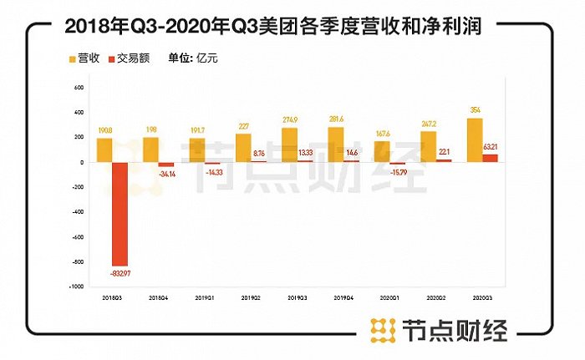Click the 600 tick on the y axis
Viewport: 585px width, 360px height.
pyautogui.click(x=79, y=88)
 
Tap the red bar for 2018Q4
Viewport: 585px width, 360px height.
pyautogui.click(x=167, y=165)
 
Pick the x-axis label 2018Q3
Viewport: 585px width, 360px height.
pyautogui.click(x=111, y=296)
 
